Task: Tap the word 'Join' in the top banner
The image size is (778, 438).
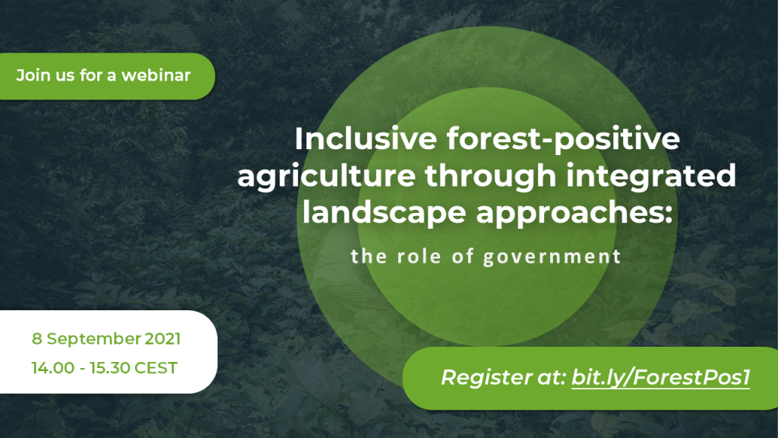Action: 32,76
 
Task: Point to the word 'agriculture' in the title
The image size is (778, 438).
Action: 326,176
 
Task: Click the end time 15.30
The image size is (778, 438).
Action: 109,369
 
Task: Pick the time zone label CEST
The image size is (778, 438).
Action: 157,369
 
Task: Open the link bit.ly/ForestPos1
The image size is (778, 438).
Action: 661,377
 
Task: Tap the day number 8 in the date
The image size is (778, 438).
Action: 36,338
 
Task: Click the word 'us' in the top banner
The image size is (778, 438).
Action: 65,76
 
